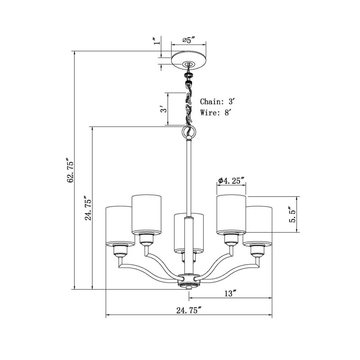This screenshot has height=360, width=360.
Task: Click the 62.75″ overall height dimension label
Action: click(x=71, y=170)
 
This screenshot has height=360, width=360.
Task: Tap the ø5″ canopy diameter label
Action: click(x=189, y=40)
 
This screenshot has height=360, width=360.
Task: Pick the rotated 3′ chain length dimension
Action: click(x=163, y=109)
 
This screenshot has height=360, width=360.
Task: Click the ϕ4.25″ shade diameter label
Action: click(x=231, y=181)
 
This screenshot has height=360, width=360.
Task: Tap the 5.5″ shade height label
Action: click(x=293, y=214)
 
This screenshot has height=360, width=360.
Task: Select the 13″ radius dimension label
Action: click(x=230, y=293)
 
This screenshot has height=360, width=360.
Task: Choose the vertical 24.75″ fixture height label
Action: click(x=88, y=208)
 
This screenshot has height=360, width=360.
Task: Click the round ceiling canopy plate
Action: click(x=189, y=60)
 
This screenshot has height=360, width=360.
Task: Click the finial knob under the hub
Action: click(x=189, y=288)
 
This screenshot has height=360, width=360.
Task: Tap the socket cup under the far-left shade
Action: click(x=120, y=251)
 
